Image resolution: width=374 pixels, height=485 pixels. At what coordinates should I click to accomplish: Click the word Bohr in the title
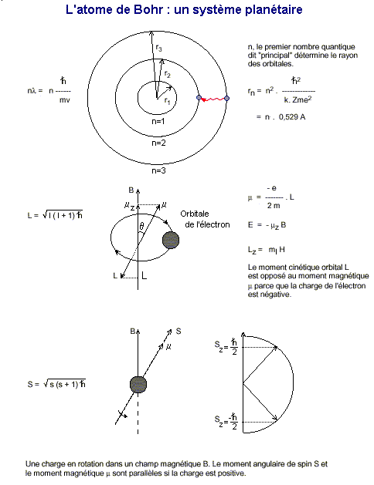point(148,9)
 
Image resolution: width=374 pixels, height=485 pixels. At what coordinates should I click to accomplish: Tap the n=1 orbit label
point(158,121)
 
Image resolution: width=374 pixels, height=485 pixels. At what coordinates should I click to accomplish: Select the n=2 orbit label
point(158,143)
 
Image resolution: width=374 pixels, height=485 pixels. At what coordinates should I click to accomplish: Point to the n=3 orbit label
point(158,170)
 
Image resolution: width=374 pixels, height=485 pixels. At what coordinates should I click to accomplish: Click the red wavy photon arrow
point(213,99)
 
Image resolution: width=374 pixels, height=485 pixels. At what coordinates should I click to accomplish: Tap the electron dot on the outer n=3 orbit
point(226,99)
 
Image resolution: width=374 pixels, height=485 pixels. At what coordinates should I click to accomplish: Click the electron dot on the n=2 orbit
point(199,98)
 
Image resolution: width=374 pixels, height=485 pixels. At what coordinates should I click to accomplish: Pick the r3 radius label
point(158,48)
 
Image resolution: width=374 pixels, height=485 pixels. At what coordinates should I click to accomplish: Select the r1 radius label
point(168,101)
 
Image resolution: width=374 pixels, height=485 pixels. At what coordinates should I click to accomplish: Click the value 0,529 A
point(292,117)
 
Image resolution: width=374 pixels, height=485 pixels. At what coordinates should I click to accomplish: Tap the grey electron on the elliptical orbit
point(171,240)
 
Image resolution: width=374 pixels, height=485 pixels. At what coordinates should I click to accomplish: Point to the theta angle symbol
point(141,226)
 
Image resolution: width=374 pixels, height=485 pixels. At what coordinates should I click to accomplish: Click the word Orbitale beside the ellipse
point(195,214)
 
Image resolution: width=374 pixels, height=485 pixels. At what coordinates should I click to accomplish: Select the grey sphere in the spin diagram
point(138,385)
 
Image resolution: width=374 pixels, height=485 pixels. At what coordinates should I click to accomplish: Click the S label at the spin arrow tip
point(178,332)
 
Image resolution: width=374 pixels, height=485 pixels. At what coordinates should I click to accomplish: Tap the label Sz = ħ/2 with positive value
point(226,347)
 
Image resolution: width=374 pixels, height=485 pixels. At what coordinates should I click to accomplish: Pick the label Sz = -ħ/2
point(226,422)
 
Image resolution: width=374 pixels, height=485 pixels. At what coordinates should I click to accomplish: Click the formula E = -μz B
point(267,225)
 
